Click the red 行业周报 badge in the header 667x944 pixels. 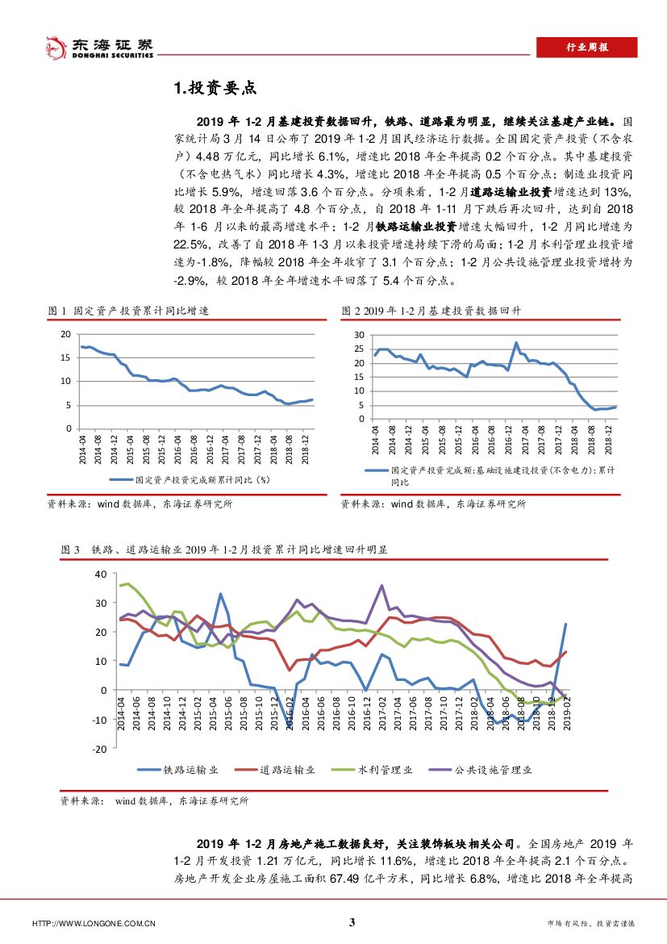[586, 47]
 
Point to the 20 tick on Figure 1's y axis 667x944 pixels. [65, 333]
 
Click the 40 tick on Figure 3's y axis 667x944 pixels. [101, 574]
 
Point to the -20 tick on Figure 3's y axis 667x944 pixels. [99, 749]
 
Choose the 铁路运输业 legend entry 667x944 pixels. [179, 770]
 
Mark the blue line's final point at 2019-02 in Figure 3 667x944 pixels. [565, 624]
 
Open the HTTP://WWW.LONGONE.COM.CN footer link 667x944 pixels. [93, 924]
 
